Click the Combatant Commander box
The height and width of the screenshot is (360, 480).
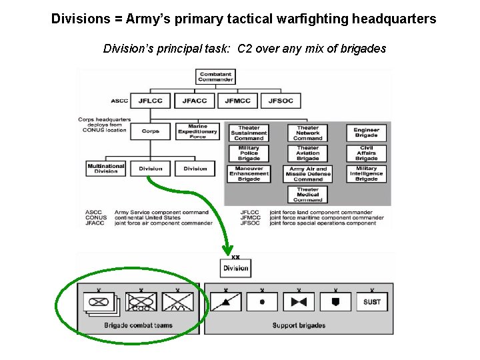pyautogui.click(x=215, y=77)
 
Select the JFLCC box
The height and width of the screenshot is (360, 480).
pyautogui.click(x=150, y=101)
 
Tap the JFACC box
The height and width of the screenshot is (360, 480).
pyautogui.click(x=195, y=101)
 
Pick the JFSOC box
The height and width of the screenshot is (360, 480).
pyautogui.click(x=281, y=101)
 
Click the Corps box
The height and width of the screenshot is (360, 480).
pyautogui.click(x=151, y=131)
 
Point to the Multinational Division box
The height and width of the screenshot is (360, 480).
pyautogui.click(x=106, y=169)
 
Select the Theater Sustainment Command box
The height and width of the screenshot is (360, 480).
pyautogui.click(x=249, y=133)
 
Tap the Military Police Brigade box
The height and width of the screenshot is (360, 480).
pyautogui.click(x=249, y=153)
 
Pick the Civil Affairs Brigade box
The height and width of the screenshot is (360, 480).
pyautogui.click(x=366, y=153)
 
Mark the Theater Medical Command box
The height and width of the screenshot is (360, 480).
pyautogui.click(x=307, y=195)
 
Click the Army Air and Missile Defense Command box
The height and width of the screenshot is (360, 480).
pyautogui.click(x=307, y=174)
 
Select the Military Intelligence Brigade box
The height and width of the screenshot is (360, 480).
pyautogui.click(x=366, y=174)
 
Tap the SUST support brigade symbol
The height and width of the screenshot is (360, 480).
pyautogui.click(x=372, y=301)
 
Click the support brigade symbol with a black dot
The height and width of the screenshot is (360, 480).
pyautogui.click(x=262, y=301)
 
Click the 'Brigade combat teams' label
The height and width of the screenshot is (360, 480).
pyautogui.click(x=138, y=325)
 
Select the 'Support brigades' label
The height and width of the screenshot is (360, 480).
pyautogui.click(x=299, y=325)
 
